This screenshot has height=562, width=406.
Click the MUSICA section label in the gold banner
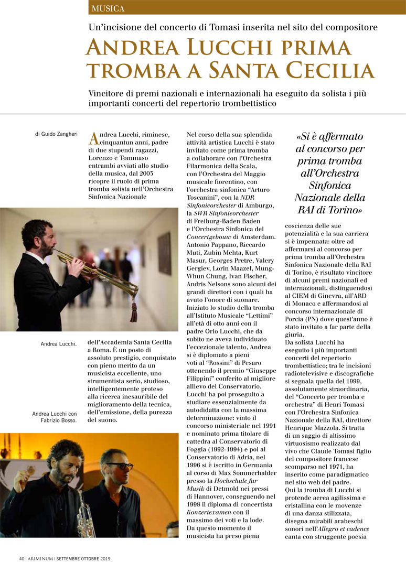tap(108, 8)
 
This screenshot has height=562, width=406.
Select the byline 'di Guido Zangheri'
tap(57, 134)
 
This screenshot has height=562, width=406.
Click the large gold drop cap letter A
tap(93, 138)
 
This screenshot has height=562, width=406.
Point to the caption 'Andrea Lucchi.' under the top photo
tap(59, 344)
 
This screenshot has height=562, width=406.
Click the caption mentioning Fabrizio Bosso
tap(55, 417)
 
